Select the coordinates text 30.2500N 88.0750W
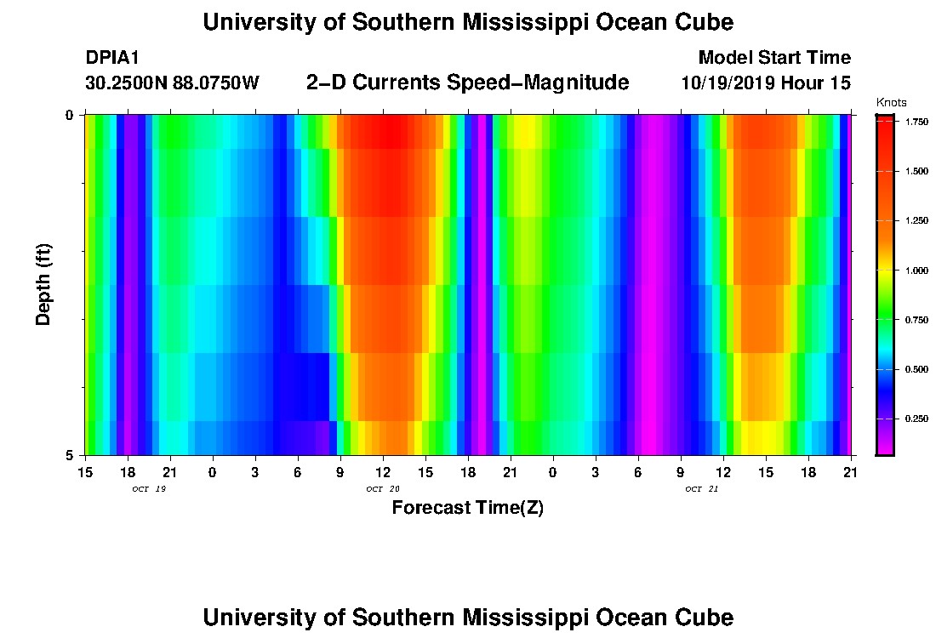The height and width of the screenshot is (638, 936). (x=172, y=83)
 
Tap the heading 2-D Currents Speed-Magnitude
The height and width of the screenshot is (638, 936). (x=467, y=83)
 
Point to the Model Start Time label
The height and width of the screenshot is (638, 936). (x=773, y=58)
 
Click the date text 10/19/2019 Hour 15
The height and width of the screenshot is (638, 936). (x=766, y=83)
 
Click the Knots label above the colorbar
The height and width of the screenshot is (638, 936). (x=891, y=103)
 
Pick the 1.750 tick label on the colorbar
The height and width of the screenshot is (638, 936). (x=917, y=122)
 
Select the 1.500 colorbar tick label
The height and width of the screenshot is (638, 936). (x=917, y=171)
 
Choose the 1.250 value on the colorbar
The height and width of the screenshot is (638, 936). (x=917, y=221)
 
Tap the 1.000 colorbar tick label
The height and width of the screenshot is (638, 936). (x=917, y=271)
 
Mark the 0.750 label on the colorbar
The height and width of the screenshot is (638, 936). (x=917, y=320)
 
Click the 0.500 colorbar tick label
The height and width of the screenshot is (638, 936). (x=917, y=369)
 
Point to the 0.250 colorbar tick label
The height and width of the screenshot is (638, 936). (x=917, y=419)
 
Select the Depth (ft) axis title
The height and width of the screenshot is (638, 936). (x=44, y=284)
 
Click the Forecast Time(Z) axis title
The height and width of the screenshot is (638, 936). (x=467, y=508)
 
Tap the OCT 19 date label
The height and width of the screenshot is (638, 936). (x=148, y=488)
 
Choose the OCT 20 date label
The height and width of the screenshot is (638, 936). (x=382, y=488)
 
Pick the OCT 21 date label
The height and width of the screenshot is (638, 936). (x=701, y=488)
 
